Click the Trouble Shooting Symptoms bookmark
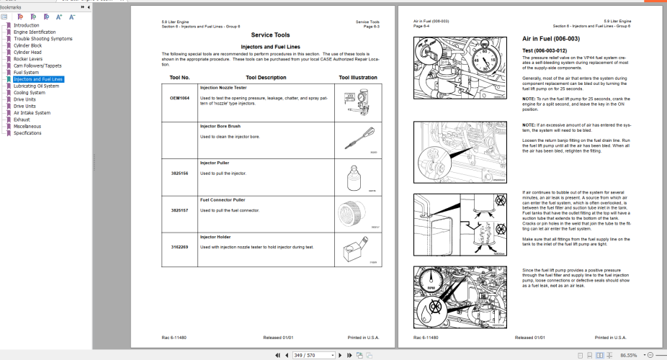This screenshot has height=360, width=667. (42, 39)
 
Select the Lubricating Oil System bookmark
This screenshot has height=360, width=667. (36, 86)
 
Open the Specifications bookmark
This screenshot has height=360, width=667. (27, 133)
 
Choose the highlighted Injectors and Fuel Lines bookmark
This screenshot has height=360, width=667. (38, 79)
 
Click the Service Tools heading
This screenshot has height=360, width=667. (270, 35)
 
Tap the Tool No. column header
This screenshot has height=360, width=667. (179, 77)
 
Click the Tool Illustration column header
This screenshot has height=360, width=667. (357, 77)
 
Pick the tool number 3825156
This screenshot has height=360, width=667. (179, 174)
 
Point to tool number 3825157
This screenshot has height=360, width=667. (179, 210)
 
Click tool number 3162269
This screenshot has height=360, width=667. (179, 247)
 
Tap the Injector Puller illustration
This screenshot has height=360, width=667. (354, 176)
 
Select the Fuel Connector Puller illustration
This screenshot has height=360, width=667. (354, 213)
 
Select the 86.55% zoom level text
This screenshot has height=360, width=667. (630, 355)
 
